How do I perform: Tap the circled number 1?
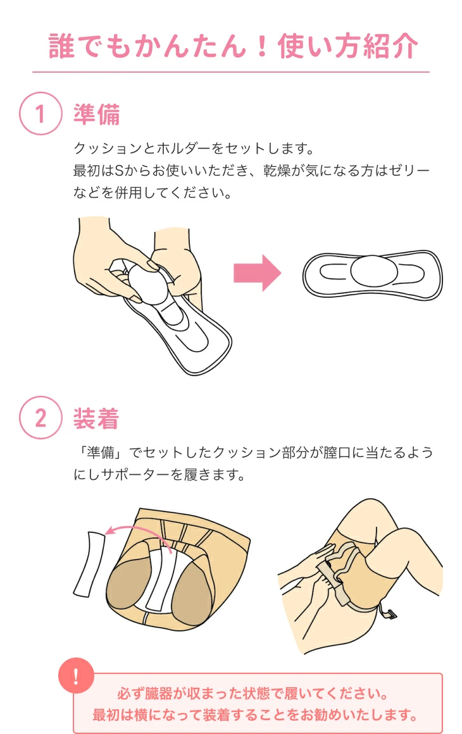tap(41, 114)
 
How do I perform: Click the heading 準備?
tap(96, 114)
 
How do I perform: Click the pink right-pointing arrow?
tap(257, 273)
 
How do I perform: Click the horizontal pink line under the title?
tap(231, 72)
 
